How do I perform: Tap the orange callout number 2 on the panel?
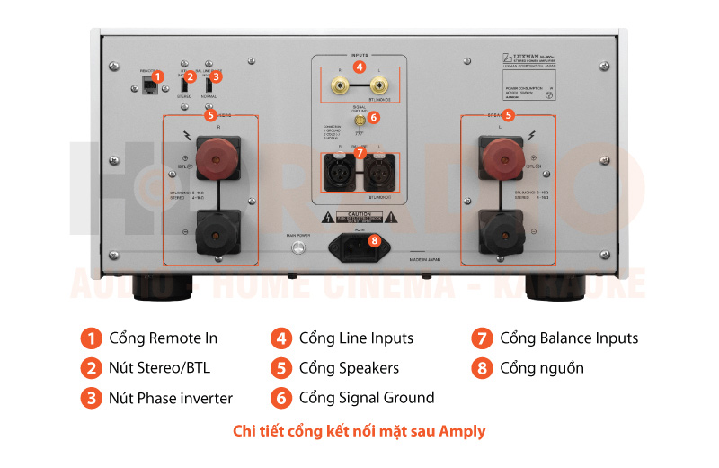coord(190,77)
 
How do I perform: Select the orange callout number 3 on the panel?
coord(216,77)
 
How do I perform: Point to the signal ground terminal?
coord(360,118)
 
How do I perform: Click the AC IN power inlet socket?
coord(359,246)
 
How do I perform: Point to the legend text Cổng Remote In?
coord(163,338)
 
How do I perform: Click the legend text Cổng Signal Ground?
coord(366,397)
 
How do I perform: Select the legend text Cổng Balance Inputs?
coord(569,338)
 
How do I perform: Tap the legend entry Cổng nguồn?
coord(541,367)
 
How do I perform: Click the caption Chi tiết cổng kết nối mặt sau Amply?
coord(359,431)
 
